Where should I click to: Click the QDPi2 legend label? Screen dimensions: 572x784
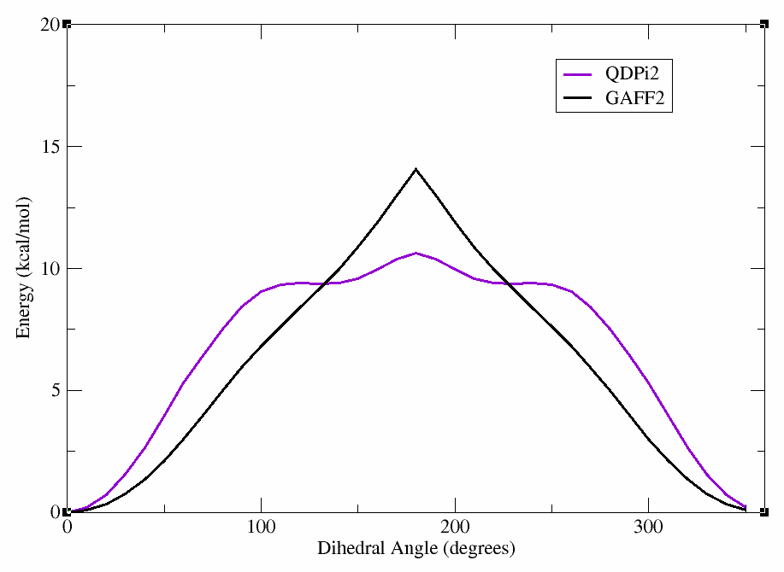point(634,73)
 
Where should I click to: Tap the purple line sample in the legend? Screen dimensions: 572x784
point(580,73)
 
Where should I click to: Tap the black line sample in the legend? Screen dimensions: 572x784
point(580,99)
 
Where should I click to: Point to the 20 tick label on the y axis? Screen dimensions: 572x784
point(50,25)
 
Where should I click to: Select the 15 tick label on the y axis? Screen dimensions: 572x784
point(50,147)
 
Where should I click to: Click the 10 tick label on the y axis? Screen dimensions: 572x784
point(50,269)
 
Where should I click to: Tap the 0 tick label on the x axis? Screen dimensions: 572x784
point(68,528)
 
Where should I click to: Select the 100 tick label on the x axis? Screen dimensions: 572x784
point(261,528)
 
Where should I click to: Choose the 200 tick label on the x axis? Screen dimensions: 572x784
point(455,528)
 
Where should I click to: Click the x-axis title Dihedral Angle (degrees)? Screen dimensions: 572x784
point(416,549)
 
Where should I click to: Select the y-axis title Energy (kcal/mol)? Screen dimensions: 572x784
point(24,268)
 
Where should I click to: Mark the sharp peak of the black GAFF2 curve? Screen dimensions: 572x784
point(416,169)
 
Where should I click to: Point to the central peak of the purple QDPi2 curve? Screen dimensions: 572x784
point(416,253)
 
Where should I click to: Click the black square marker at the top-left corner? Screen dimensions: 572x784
point(67,24)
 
